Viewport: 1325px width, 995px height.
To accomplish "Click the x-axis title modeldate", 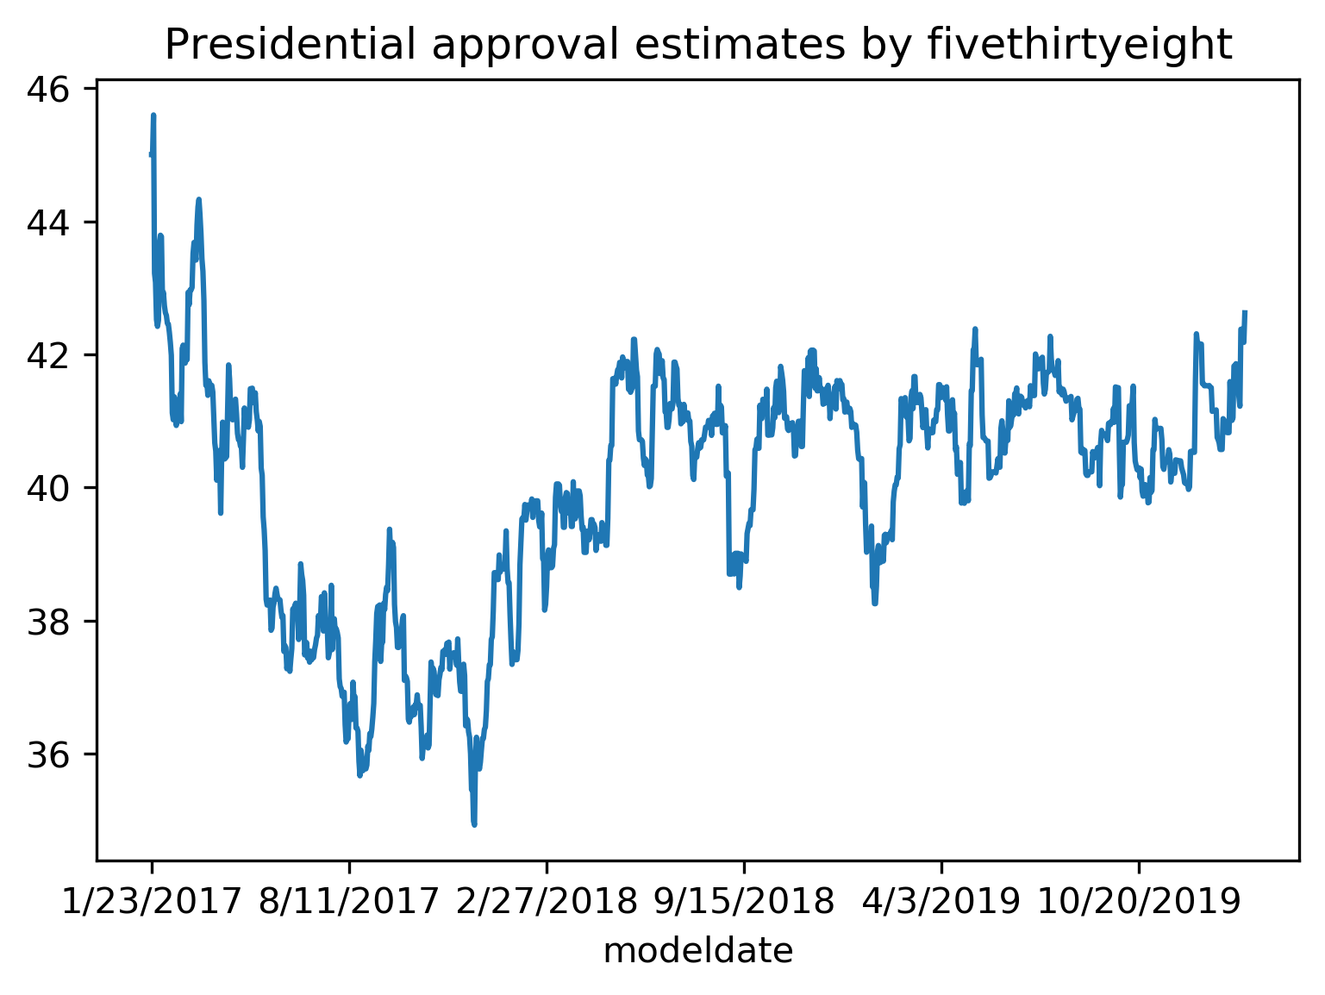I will (x=697, y=951).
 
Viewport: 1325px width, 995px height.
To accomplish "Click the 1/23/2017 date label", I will (x=152, y=903).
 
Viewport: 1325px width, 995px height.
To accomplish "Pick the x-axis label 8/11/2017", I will (x=349, y=903).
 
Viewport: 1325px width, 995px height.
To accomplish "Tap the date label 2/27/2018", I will (x=547, y=903).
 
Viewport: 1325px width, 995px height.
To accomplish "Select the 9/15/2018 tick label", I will (x=744, y=903).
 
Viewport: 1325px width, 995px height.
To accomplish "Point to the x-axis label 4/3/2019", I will (x=941, y=903).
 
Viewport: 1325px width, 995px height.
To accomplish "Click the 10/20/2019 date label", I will (x=1139, y=903).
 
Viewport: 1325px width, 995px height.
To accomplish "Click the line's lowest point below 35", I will (x=474, y=824).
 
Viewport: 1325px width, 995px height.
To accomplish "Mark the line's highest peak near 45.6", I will (x=153, y=116).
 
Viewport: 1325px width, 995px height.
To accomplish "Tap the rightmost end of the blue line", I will (x=1246, y=311).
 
